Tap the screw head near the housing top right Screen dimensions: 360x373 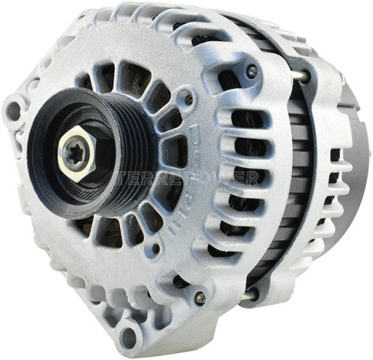(x=252, y=70)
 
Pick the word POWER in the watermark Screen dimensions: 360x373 (x=236, y=178)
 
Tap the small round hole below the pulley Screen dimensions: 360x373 (x=156, y=247)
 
